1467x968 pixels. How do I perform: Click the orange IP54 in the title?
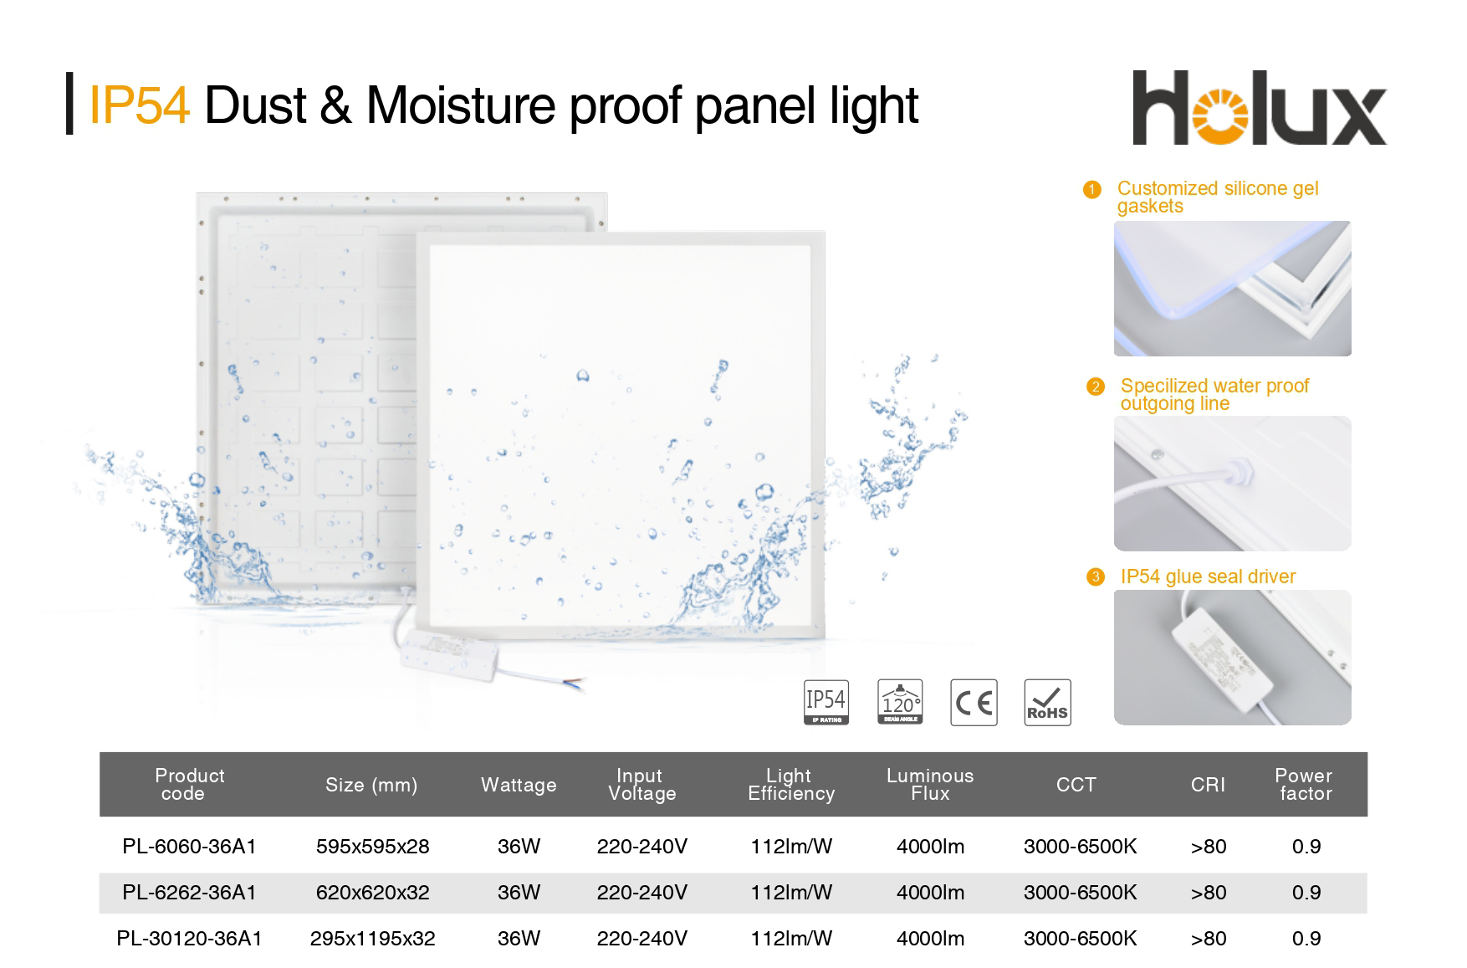click(x=139, y=105)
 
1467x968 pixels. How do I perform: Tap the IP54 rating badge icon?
click(x=826, y=702)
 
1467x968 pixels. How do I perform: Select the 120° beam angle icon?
click(x=900, y=702)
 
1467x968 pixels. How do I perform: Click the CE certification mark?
click(x=974, y=702)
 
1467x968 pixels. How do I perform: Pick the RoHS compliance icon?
click(x=1047, y=702)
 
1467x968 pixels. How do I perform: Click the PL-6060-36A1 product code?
click(x=189, y=847)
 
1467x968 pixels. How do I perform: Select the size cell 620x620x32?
click(x=372, y=893)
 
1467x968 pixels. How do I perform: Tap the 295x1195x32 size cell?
click(x=372, y=939)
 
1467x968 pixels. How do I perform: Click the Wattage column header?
click(x=519, y=785)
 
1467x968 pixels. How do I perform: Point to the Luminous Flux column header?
click(x=930, y=785)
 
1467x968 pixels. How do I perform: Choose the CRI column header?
click(x=1208, y=785)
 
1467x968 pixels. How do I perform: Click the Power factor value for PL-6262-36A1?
click(x=1306, y=893)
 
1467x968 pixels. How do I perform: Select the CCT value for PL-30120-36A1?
click(x=1080, y=939)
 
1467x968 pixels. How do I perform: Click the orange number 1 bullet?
click(x=1091, y=190)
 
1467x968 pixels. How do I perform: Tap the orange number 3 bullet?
click(x=1095, y=577)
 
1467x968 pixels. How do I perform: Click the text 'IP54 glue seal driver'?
click(x=1208, y=576)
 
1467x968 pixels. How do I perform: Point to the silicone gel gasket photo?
click(x=1232, y=289)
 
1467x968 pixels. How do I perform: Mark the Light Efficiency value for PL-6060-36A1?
click(x=791, y=847)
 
